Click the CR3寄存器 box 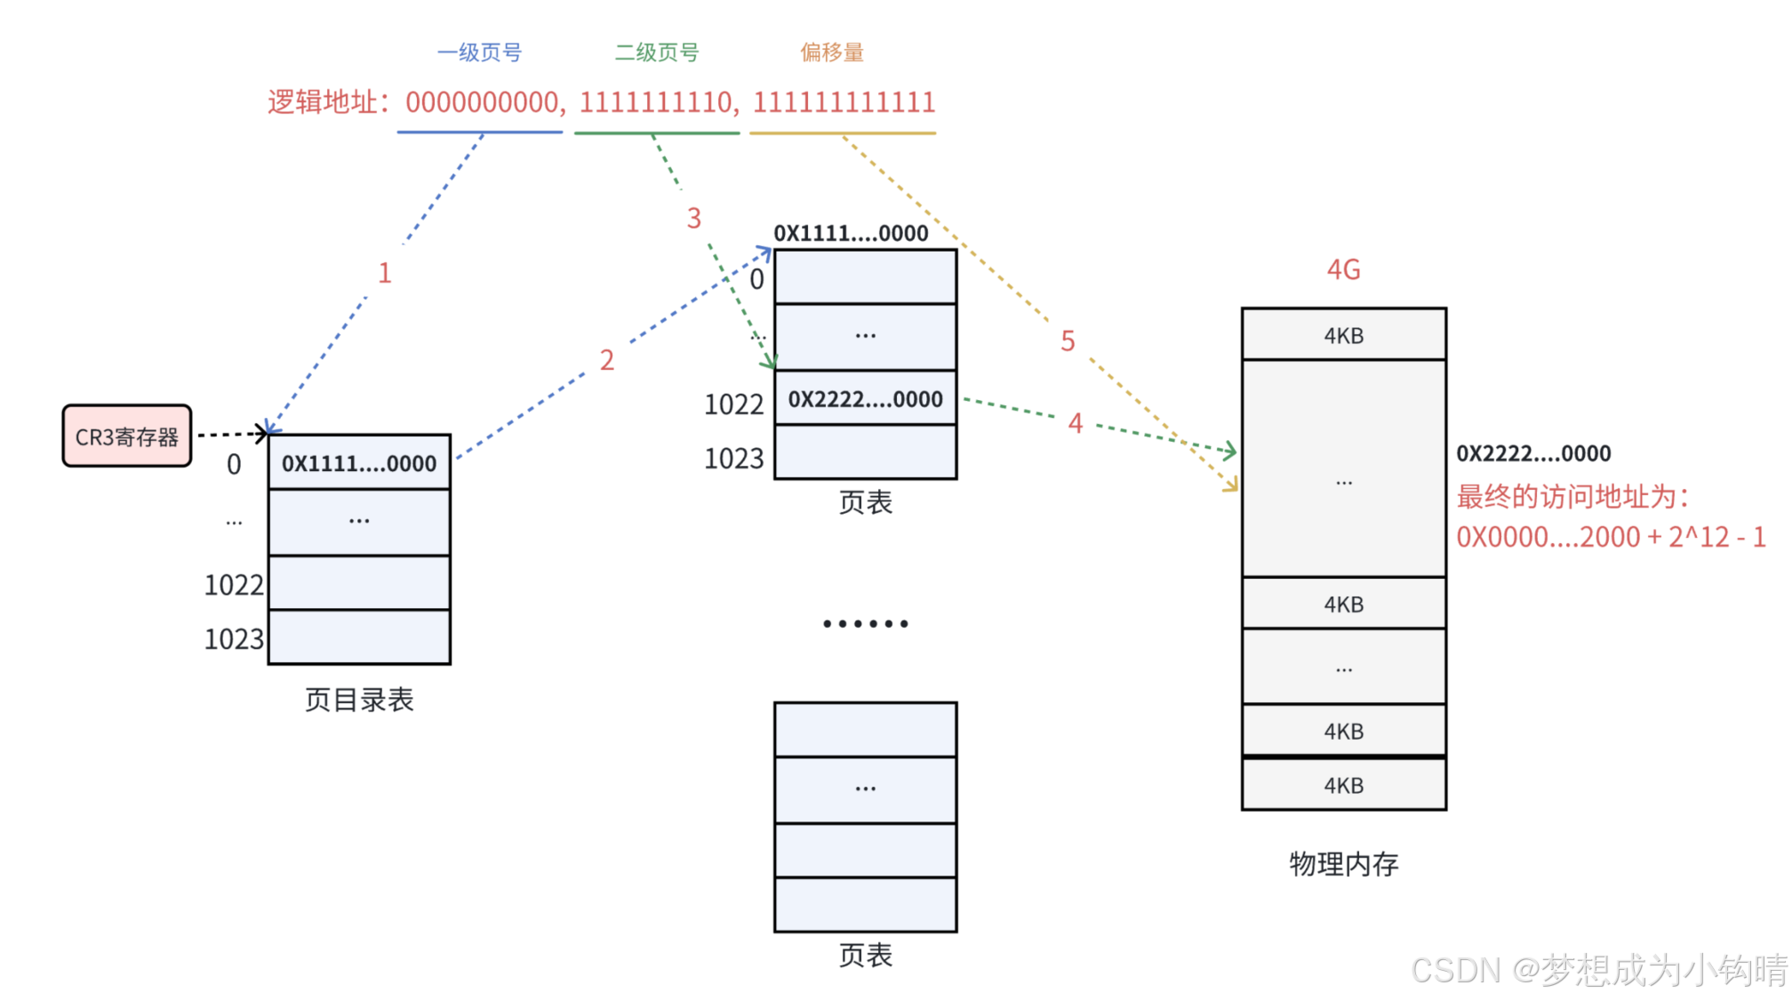pos(127,436)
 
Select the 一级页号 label pos(479,52)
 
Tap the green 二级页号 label pos(657,52)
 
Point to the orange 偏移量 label pos(832,52)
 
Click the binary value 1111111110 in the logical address pos(657,102)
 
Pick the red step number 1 pos(384,273)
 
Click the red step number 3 pos(694,219)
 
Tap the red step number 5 pos(1068,340)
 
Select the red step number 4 pos(1076,423)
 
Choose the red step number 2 pos(607,360)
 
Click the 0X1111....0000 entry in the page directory pos(359,463)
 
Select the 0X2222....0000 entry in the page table pos(865,399)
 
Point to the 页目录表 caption pos(359,700)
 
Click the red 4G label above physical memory pos(1343,269)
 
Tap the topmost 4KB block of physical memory pos(1343,335)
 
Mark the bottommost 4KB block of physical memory pos(1343,785)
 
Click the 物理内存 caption pos(1343,863)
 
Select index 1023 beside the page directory pos(234,639)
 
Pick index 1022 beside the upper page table pos(733,404)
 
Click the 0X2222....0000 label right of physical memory pos(1533,453)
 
